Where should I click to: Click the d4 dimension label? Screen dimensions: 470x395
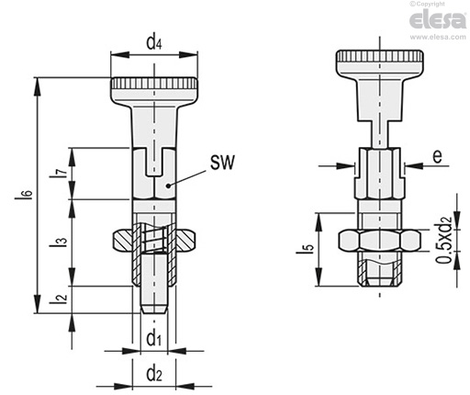coord(153,42)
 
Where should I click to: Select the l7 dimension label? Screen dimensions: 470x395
coord(62,174)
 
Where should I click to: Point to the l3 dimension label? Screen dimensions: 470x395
coord(62,243)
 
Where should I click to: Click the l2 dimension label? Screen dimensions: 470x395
coord(62,299)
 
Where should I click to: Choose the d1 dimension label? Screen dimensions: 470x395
coord(153,339)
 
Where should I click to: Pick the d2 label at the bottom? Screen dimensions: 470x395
coord(154,374)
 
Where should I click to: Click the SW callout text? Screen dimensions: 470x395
coord(222,163)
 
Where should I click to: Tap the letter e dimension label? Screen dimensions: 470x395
coord(438,156)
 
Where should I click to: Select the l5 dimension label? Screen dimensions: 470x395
coord(309,248)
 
